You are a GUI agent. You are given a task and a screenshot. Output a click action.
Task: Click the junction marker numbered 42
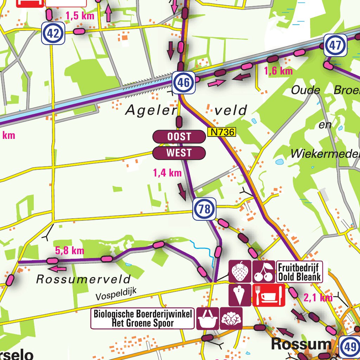pyautogui.click(x=53, y=33)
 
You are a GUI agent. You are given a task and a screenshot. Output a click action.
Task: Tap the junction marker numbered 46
pyautogui.click(x=184, y=83)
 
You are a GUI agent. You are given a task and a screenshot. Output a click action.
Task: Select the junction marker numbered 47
pyautogui.click(x=335, y=45)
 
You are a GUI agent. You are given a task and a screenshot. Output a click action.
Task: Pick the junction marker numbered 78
pyautogui.click(x=204, y=210)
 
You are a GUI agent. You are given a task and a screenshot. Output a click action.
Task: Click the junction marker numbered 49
pyautogui.click(x=350, y=347)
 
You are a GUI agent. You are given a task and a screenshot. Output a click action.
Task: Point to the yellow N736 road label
pyautogui.click(x=221, y=132)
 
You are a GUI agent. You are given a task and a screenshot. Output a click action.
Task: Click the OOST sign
pyautogui.click(x=179, y=137)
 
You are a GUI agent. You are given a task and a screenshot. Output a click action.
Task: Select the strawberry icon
pyautogui.click(x=240, y=271)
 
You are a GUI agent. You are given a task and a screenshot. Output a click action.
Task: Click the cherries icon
pyautogui.click(x=264, y=271)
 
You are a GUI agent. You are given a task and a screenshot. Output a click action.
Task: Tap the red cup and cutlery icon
pyautogui.click(x=269, y=295)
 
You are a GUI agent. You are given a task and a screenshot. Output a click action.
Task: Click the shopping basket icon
pyautogui.click(x=207, y=319)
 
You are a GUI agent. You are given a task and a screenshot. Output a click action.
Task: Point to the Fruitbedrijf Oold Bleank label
pyautogui.click(x=299, y=272)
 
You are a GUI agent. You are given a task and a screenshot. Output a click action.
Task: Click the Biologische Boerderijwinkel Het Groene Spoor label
pyautogui.click(x=143, y=319)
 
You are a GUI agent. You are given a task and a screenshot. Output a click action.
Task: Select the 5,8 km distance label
pyautogui.click(x=70, y=251)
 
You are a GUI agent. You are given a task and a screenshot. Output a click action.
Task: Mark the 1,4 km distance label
pyautogui.click(x=167, y=173)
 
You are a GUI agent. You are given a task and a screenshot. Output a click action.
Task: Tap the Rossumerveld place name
pyautogui.click(x=83, y=279)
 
